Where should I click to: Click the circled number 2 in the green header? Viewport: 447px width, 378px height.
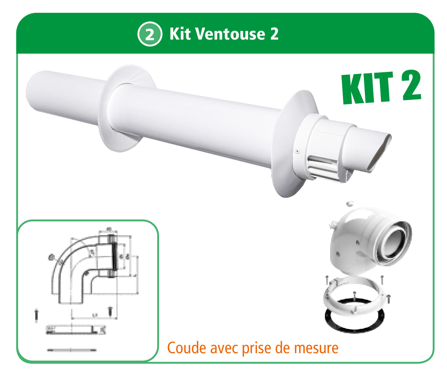tap(150, 34)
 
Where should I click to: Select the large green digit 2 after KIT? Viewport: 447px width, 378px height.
tap(409, 85)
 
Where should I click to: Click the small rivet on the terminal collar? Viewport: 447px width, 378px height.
tap(297, 152)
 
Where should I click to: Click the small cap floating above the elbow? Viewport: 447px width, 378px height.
tap(350, 203)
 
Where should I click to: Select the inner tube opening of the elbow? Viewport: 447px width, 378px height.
tap(393, 241)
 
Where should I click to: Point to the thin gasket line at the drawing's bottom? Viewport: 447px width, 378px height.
tap(71, 350)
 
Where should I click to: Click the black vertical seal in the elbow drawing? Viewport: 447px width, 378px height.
tap(114, 257)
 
